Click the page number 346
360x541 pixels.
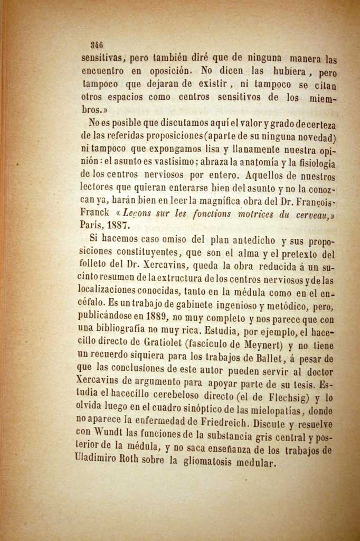(97, 45)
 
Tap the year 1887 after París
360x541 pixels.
(120, 224)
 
